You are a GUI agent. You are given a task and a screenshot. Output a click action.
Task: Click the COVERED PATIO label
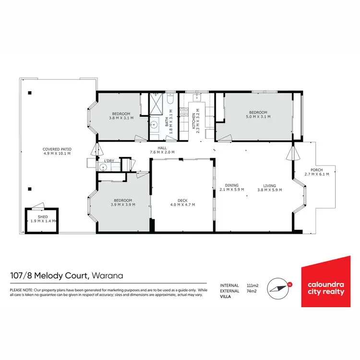click(x=57, y=151)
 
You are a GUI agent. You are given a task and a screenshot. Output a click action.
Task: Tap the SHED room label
click(x=43, y=219)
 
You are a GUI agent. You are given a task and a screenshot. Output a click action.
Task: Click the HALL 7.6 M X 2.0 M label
click(x=162, y=150)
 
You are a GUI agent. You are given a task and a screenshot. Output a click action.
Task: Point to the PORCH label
click(x=317, y=172)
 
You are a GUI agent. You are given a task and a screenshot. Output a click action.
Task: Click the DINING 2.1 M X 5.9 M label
click(x=232, y=188)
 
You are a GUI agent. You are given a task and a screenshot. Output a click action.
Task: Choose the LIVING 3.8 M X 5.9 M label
click(x=269, y=188)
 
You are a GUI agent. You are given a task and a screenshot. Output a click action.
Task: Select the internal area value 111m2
click(x=252, y=285)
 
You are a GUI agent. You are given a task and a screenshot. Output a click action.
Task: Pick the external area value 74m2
click(x=251, y=291)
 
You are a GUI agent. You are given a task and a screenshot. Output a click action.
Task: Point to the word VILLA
click(x=226, y=297)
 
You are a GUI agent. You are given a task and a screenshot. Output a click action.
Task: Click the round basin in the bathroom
click(x=154, y=125)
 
